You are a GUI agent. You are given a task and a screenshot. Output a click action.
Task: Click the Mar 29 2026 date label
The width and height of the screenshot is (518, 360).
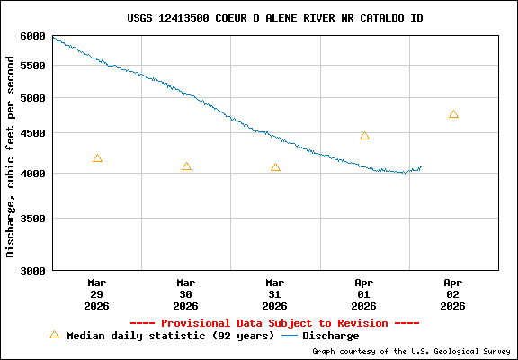[x=97, y=293]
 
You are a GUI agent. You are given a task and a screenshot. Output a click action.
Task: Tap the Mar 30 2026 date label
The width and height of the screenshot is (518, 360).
[x=186, y=293]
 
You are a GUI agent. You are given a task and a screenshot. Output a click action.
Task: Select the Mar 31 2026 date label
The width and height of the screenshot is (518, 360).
[x=275, y=293]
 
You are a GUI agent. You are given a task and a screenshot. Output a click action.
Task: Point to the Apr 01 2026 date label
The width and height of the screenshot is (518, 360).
[x=364, y=293]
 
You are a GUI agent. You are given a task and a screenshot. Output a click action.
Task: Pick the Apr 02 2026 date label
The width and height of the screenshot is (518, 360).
[x=453, y=293]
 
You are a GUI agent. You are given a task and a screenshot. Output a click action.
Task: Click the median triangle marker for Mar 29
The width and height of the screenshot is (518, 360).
[x=97, y=158]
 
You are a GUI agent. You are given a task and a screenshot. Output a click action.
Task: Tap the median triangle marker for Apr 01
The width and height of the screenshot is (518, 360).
[x=364, y=136]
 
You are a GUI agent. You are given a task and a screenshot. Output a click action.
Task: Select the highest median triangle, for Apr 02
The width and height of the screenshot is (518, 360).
[x=453, y=114]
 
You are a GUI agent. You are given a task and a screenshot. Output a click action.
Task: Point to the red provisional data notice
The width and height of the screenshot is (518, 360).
[x=274, y=322]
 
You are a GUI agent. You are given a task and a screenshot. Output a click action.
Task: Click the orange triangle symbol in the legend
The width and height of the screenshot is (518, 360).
[x=54, y=335]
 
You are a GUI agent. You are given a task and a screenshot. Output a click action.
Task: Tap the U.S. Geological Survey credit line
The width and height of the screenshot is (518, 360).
[x=411, y=351]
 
